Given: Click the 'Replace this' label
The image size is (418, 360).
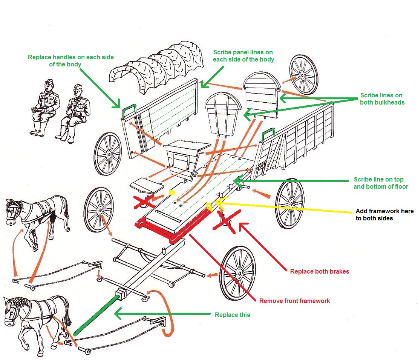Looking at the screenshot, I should coord(232,315).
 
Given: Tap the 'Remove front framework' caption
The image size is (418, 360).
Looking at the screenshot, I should coord(294,301).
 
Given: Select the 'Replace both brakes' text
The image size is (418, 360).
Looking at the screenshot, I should coord(320,271).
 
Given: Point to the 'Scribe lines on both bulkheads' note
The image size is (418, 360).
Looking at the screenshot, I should coord(382,99).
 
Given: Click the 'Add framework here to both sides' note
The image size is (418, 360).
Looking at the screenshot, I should coord(384,214).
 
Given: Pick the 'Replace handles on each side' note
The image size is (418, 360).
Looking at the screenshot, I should coord(71,61).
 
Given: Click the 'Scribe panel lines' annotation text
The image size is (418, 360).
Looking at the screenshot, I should coord(243,56).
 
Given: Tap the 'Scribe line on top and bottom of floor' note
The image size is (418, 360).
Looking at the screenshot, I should coord(381,183).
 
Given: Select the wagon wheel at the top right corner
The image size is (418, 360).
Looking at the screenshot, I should coord(303,74).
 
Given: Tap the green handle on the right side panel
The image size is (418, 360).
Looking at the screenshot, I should coord(268,133).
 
